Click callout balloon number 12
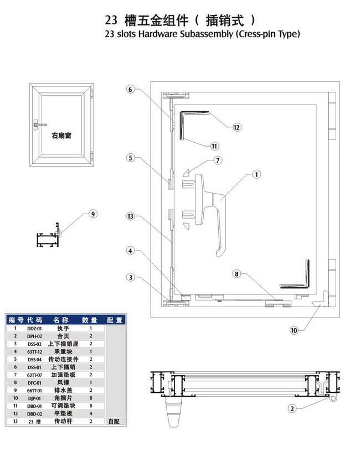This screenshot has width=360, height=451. pos(237,127)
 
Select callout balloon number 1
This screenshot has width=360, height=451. pos(256,174)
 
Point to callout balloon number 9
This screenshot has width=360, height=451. pos(93,214)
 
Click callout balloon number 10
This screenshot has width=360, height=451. pos(294,330)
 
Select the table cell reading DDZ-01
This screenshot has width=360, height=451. pos(34,328)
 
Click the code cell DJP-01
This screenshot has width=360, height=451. pos(34,398)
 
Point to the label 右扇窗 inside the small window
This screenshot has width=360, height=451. pos(61,135)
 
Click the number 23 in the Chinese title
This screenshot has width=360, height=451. pos(111,20)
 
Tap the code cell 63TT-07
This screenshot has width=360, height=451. pos(34,375)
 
